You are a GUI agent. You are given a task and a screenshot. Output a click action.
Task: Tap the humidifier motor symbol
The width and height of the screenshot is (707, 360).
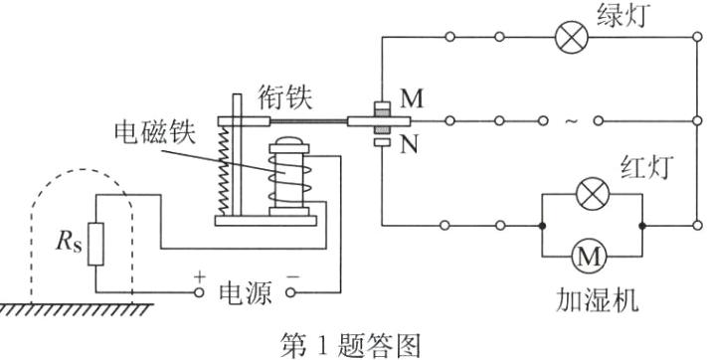(591, 257)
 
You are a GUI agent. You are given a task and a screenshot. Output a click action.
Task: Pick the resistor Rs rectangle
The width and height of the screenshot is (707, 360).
(94, 244)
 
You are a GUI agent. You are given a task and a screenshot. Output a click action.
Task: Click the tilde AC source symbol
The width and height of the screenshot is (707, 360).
(570, 122)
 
